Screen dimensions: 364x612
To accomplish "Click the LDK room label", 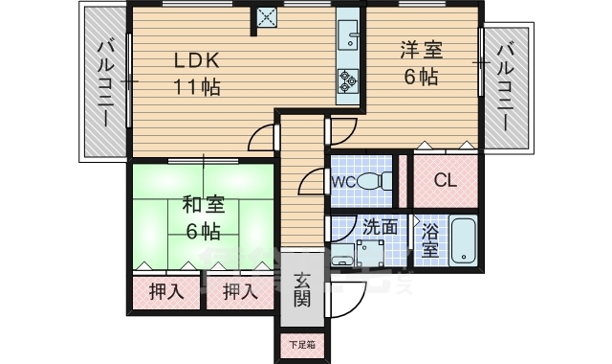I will [x=196, y=59].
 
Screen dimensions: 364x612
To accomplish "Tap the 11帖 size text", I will [x=196, y=86].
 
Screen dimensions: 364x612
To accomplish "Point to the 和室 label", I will [x=202, y=204].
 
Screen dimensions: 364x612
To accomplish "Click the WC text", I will [x=344, y=180].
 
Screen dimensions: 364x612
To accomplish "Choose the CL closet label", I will [x=446, y=180].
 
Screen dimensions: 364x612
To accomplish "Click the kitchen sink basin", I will [x=347, y=39].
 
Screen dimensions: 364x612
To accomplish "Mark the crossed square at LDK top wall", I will [x=265, y=16].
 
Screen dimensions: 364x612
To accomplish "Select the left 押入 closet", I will [x=168, y=292].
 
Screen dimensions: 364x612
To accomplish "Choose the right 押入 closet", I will [x=240, y=292].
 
